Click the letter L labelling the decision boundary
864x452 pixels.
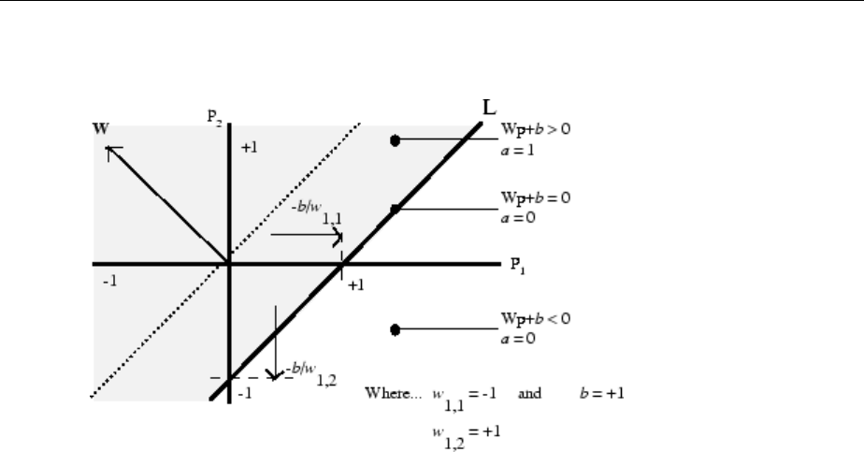coord(488,108)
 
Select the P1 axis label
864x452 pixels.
coord(516,265)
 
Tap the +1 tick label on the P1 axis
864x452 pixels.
coord(355,284)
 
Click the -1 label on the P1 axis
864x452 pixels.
coord(109,281)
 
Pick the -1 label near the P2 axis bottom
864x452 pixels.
coord(244,394)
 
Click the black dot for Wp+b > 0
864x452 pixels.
coord(395,140)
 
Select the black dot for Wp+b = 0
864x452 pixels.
coord(395,209)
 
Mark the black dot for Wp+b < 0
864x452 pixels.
coord(395,329)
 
